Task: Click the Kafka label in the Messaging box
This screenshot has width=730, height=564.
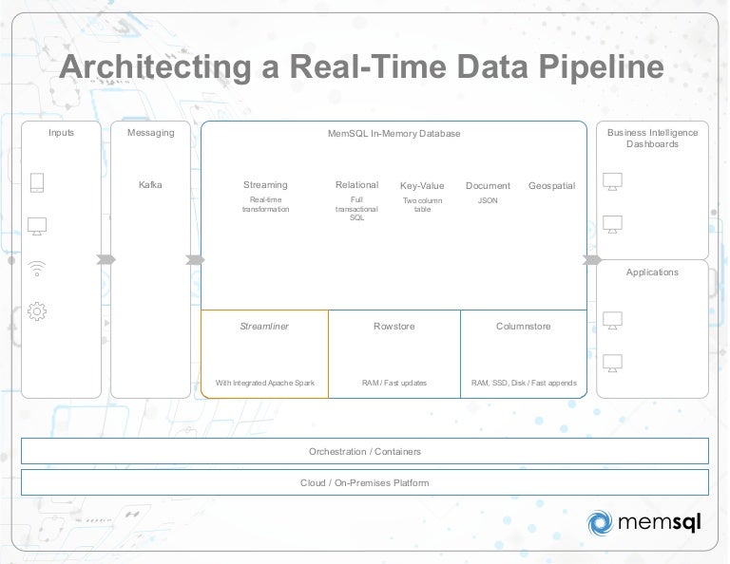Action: click(x=150, y=185)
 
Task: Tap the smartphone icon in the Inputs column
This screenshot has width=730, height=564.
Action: click(x=37, y=182)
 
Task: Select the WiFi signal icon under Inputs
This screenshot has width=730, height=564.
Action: click(x=37, y=269)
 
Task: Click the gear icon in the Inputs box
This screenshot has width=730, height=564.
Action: click(x=37, y=310)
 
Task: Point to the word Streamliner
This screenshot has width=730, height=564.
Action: click(x=264, y=326)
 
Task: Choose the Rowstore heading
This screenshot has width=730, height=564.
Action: click(x=394, y=326)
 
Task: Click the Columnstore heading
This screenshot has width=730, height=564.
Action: click(x=523, y=326)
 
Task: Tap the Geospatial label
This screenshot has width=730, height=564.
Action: click(x=551, y=186)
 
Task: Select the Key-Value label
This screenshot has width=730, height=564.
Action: click(x=422, y=186)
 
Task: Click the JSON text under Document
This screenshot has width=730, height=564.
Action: click(x=488, y=200)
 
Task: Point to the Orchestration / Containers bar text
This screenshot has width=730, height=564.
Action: click(x=365, y=452)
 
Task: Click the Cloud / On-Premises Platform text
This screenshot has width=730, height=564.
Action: click(x=365, y=482)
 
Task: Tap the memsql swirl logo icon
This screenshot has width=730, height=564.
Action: click(x=601, y=523)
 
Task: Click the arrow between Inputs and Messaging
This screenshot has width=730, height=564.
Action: click(x=106, y=259)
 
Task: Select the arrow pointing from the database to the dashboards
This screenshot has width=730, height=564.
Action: click(x=591, y=259)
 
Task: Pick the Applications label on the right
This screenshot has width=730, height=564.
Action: click(x=652, y=273)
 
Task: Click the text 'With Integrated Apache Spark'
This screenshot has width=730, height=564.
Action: click(x=264, y=384)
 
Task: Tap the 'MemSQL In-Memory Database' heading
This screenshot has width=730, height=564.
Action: click(x=394, y=134)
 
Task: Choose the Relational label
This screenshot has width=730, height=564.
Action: click(x=356, y=185)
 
